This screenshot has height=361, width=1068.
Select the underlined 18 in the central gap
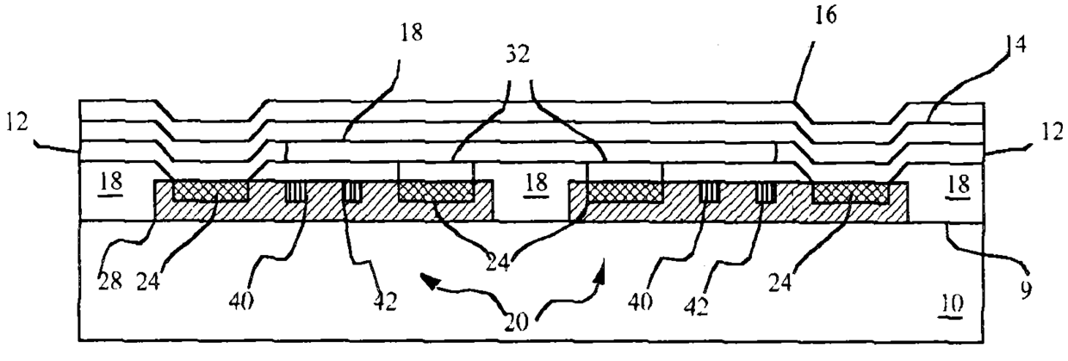(535, 183)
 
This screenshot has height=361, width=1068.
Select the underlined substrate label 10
(953, 304)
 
